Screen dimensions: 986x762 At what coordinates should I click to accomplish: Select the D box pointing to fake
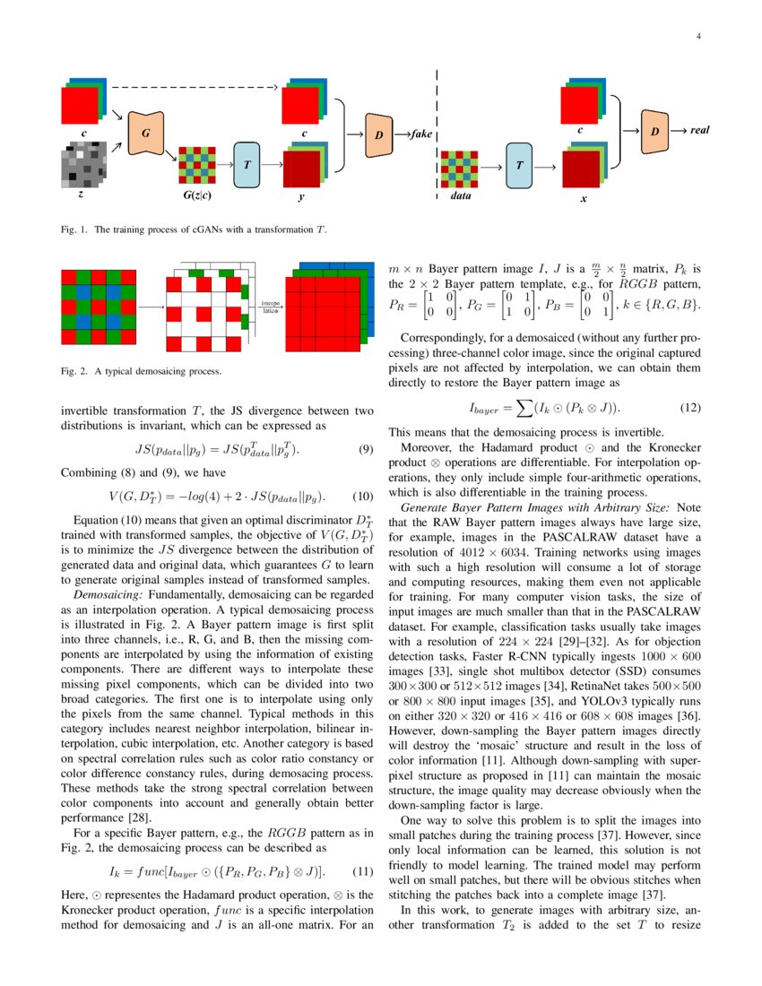click(379, 134)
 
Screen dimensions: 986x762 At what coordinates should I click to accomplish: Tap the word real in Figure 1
click(699, 131)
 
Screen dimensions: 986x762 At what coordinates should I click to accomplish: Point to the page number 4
click(697, 37)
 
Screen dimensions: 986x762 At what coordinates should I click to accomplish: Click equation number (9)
click(365, 449)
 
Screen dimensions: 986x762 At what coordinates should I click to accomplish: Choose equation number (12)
click(689, 406)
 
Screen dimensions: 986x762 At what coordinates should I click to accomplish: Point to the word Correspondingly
click(446, 341)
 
